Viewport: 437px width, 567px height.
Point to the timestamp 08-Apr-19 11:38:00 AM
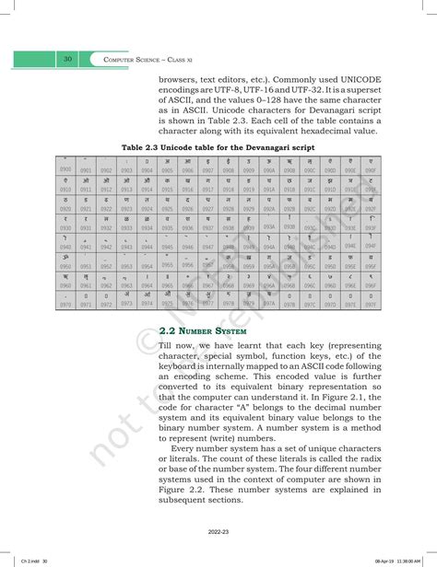coord(396,561)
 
